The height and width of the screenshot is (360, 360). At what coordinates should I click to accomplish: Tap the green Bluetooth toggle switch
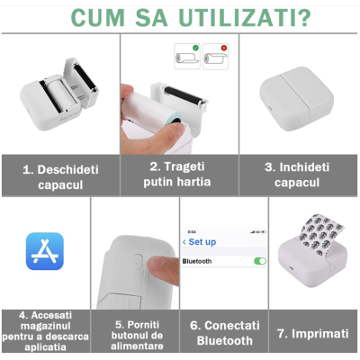coord(260,261)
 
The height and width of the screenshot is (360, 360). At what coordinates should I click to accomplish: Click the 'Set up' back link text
coord(202,242)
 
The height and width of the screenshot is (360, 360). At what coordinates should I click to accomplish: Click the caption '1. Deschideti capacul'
coord(59,176)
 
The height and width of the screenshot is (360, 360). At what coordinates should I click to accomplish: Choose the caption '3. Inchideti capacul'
coord(300,175)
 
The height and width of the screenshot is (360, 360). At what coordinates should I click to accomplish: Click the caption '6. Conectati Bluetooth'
coord(224,332)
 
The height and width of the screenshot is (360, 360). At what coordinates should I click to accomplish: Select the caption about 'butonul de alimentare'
coord(139,333)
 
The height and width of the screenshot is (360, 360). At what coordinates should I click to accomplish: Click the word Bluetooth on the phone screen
coord(198,261)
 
